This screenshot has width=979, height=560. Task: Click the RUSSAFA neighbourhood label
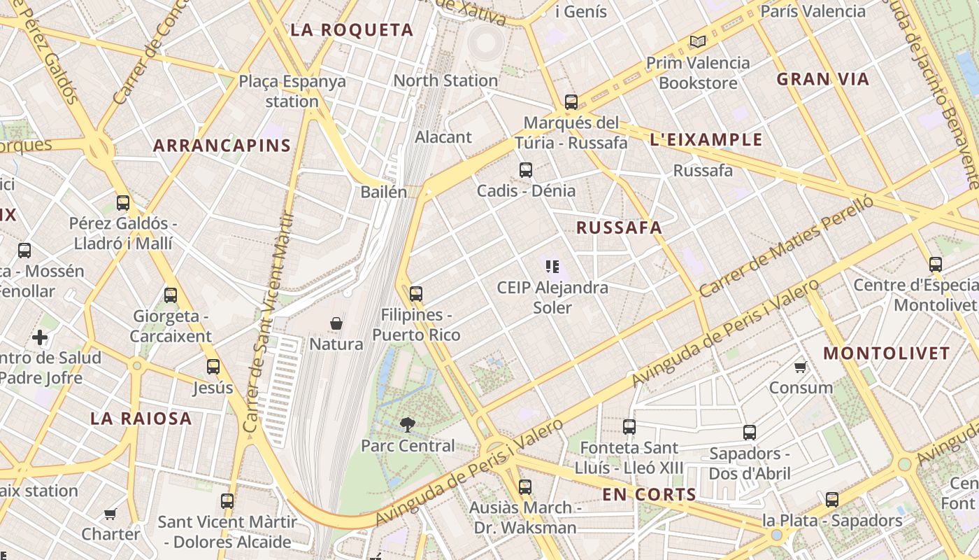[x=619, y=227]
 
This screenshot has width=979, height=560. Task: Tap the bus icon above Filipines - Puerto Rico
[x=416, y=294]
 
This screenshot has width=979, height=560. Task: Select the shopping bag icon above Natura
[x=336, y=323]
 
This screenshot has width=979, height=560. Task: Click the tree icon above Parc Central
[x=407, y=424]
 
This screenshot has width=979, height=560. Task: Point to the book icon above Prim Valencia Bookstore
[x=697, y=41]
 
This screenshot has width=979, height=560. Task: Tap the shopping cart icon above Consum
[x=801, y=367]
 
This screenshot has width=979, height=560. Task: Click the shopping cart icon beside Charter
[x=110, y=514]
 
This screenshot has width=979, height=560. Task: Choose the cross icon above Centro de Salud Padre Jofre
[x=40, y=337]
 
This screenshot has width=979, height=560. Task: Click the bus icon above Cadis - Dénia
[x=526, y=170]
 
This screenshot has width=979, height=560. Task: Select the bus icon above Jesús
[x=213, y=367]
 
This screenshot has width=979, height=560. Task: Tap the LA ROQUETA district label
[x=352, y=30]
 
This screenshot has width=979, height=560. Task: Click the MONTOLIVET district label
[x=886, y=353]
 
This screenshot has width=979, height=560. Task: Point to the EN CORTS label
[x=650, y=495]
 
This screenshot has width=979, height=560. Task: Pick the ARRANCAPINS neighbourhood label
[x=222, y=146]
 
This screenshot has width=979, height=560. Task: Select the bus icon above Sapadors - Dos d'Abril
[x=750, y=433]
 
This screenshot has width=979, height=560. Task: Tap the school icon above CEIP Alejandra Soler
[x=553, y=266]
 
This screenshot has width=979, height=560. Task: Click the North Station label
[x=445, y=80]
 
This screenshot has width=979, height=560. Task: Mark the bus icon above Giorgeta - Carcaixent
[x=171, y=295]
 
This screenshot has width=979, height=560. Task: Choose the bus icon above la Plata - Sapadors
[x=832, y=500]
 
